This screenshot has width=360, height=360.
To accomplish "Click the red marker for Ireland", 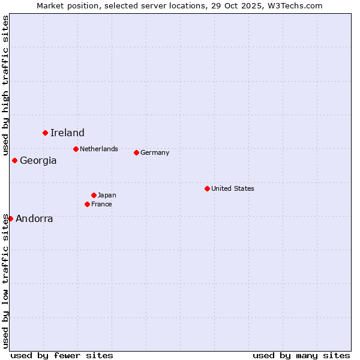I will (45, 133).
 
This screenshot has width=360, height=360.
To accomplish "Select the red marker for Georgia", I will (14, 160).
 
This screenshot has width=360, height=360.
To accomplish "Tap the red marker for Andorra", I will (10, 218).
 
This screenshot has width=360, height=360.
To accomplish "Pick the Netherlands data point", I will (76, 149).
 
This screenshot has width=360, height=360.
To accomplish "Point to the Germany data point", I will (136, 152).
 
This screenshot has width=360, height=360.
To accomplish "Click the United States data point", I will (207, 188).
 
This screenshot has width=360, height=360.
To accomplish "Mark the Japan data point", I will (94, 195).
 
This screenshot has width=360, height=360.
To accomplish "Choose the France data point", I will (87, 204).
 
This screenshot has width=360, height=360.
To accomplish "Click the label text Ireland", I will (67, 133).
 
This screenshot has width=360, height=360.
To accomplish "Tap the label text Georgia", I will (38, 161).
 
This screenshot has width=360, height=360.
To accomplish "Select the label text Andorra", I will (34, 219).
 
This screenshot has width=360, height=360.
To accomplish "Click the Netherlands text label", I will (99, 149).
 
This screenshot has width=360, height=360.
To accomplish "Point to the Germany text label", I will (155, 152).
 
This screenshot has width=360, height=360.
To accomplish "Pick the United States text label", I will (233, 188).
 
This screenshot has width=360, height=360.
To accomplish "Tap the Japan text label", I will (107, 195).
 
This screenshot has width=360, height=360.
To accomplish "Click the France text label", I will (101, 204).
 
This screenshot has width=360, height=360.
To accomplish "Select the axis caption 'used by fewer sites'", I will (62, 355).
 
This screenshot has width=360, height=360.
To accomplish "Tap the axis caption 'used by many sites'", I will (301, 355).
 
